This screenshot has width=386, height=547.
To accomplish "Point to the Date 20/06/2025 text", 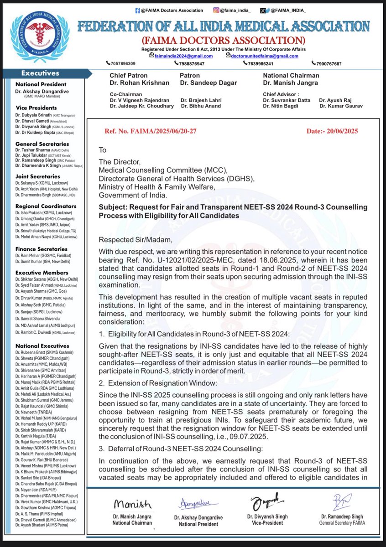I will coord(332,130).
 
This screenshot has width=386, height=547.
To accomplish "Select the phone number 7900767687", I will coord(328,63).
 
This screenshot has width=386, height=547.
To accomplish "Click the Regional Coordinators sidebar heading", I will coord(46,206).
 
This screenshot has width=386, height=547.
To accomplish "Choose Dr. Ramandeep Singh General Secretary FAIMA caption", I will coord(335,521).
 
